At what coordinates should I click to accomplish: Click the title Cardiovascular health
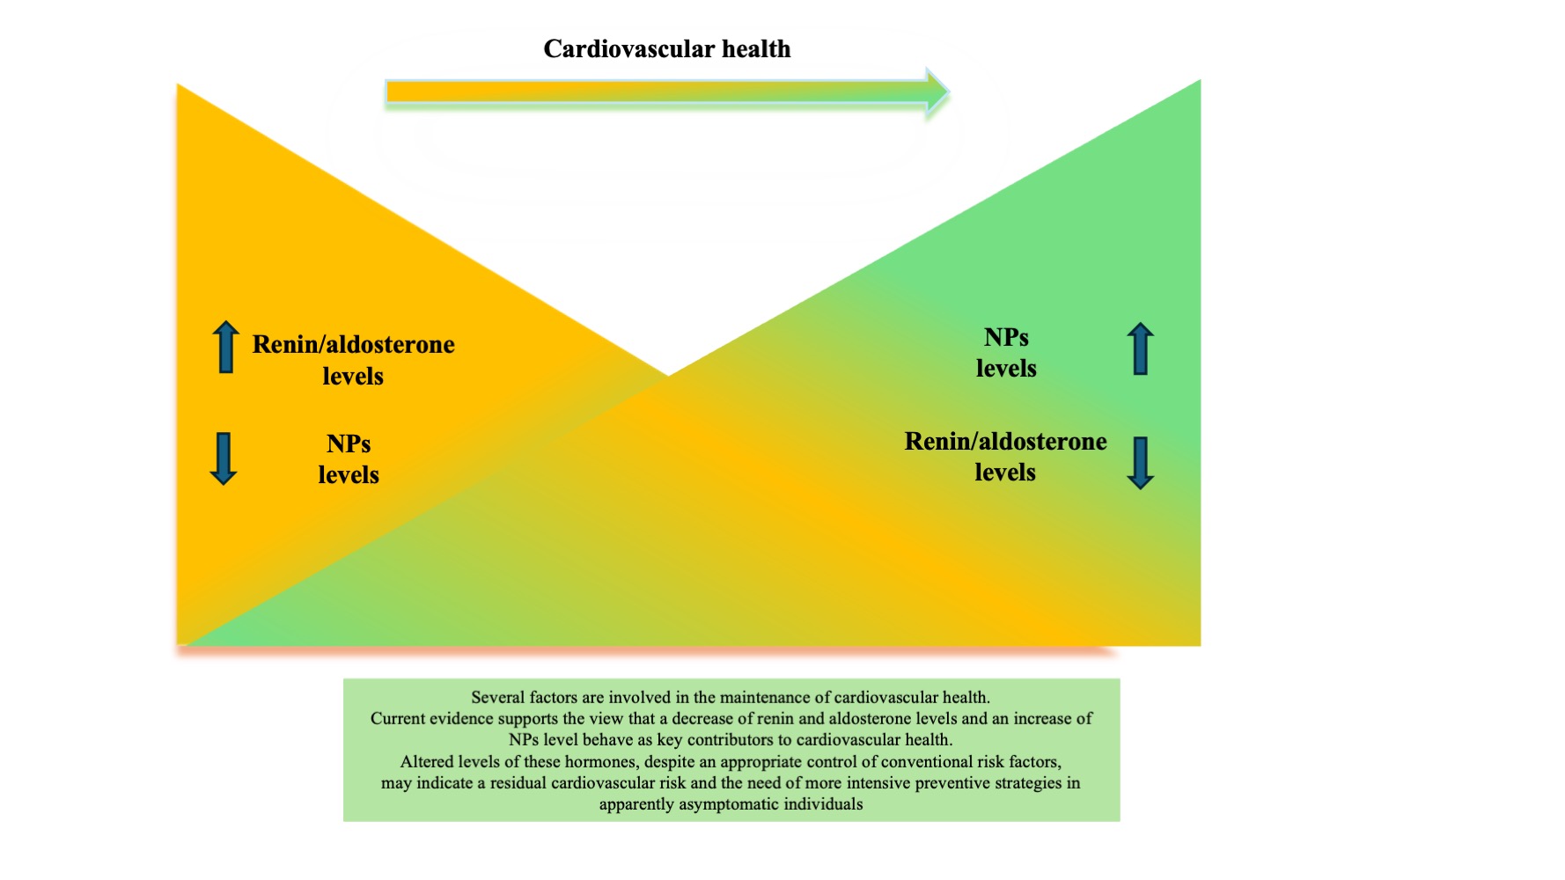pos(666,48)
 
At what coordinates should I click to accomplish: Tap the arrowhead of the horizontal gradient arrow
pos(938,92)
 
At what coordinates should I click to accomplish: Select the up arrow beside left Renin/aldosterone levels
pos(225,347)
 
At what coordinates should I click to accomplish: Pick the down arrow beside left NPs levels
pos(224,458)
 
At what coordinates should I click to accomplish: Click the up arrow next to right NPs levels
pos(1140,348)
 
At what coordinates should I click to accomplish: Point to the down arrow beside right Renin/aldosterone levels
pos(1140,463)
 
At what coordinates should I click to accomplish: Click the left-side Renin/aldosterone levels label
pos(353,360)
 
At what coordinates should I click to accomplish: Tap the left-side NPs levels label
pos(349,459)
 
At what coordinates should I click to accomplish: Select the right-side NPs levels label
pos(1006,353)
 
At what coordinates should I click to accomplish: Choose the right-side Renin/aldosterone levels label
pos(1005,457)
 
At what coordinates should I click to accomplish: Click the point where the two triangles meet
pos(668,376)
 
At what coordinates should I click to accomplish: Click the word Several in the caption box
pos(498,698)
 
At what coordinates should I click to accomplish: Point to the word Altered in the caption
pos(427,762)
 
